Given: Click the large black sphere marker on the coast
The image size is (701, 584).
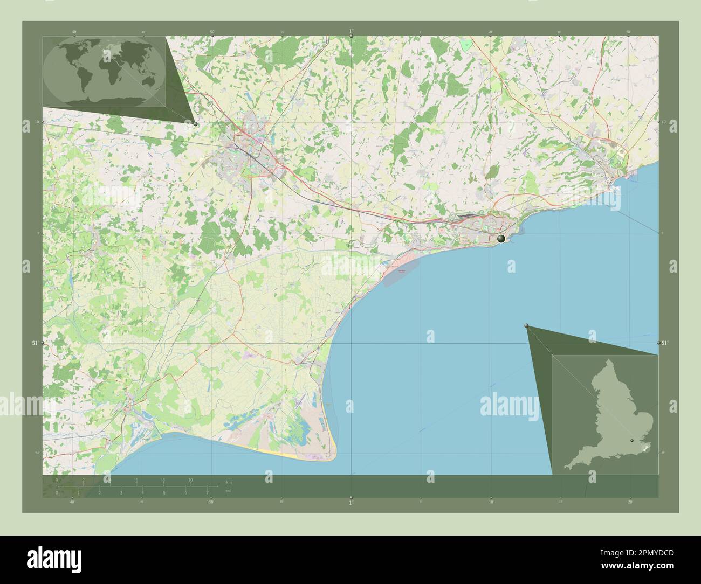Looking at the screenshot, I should (x=501, y=239).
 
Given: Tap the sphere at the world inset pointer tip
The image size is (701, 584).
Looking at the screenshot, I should (x=195, y=124).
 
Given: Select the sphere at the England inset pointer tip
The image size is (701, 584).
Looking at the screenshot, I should (x=526, y=325).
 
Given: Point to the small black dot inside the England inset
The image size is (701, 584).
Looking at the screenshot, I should (x=631, y=440).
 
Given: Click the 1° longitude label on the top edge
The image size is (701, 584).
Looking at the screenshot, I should (x=350, y=31).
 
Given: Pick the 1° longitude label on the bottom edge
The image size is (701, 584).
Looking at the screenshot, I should (x=350, y=503).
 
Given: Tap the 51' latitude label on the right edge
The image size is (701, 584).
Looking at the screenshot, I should (x=664, y=343).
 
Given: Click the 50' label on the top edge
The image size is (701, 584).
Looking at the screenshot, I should (x=212, y=32).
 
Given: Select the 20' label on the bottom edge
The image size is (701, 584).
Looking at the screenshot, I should (x=629, y=502).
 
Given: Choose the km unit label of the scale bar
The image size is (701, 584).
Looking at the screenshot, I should (x=229, y=482).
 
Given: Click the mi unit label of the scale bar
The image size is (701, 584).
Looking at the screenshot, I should (x=229, y=491).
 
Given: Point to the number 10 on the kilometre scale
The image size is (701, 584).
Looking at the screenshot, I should (x=190, y=479).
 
